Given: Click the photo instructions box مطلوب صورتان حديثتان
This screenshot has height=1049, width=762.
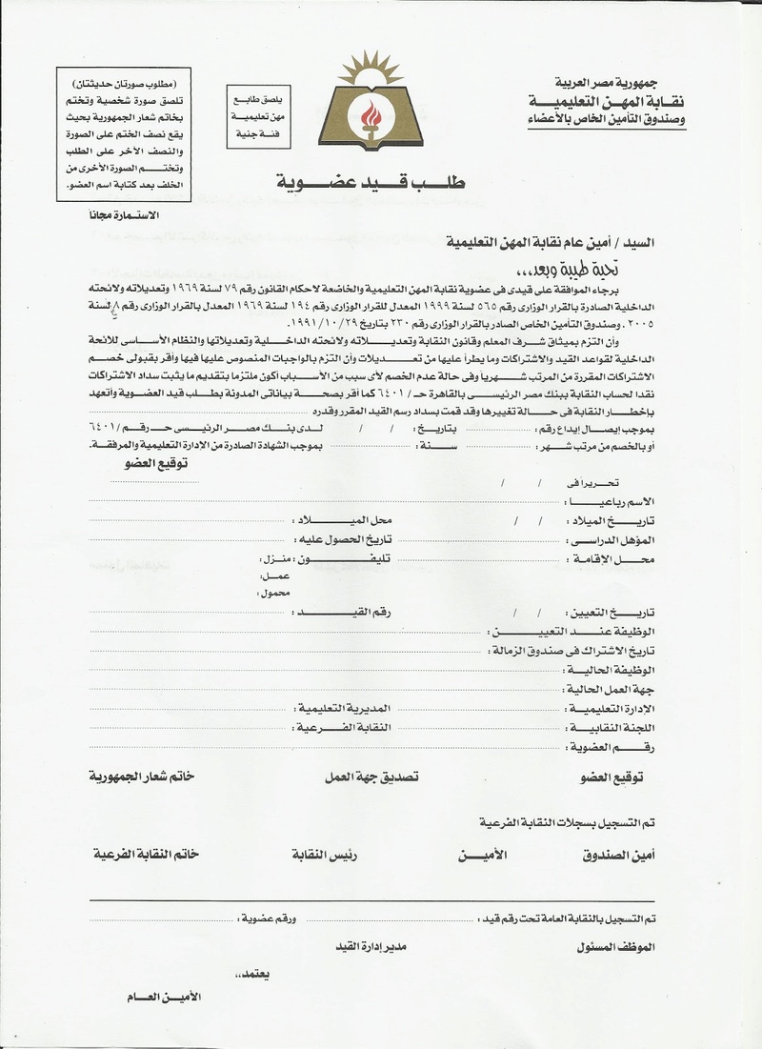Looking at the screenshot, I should click(x=123, y=134).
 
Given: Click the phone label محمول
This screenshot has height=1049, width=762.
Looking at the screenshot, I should click(x=274, y=594).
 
